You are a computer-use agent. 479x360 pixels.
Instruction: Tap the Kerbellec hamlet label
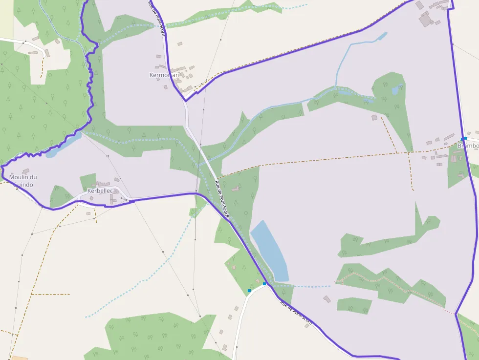(100, 191)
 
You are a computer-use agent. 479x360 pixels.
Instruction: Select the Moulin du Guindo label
(23, 181)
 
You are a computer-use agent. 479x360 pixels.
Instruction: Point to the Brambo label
(468, 146)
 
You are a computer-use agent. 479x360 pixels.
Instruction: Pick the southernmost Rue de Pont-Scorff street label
(296, 313)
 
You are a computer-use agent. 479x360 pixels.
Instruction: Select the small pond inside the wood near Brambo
(395, 90)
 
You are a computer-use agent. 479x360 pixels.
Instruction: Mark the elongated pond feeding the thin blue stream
(380, 37)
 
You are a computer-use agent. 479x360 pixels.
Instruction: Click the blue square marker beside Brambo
(464, 139)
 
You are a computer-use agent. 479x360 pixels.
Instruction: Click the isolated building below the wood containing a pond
(374, 117)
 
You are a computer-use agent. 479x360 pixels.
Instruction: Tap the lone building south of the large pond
(327, 298)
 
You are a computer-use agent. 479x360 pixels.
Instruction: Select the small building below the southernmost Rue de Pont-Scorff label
(307, 325)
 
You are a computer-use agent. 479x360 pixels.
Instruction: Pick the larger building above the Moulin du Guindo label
(26, 171)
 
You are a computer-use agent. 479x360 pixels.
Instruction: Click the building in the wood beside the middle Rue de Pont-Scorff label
(236, 188)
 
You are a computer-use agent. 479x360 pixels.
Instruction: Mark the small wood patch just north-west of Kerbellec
(88, 181)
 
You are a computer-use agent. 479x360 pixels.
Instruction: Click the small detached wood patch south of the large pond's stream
(354, 305)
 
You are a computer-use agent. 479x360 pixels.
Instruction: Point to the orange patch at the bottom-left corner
(20, 358)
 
